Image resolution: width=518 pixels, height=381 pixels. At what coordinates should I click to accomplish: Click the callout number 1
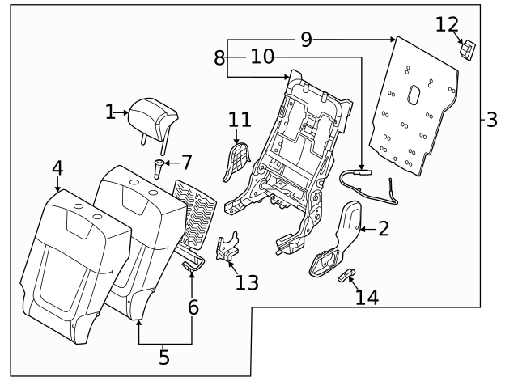tap(111, 112)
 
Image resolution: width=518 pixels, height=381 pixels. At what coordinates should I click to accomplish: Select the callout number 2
tap(383, 229)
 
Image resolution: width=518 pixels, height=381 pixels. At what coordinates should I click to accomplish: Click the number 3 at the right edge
tap(491, 121)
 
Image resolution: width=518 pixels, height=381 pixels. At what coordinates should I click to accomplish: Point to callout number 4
tap(57, 167)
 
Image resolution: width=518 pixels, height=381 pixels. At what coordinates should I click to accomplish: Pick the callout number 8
tap(219, 57)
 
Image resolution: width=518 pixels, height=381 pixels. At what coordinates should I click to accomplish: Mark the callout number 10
tap(262, 57)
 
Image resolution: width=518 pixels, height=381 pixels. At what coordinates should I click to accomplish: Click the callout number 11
tap(239, 120)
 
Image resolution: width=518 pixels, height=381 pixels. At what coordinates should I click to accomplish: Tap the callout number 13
tap(247, 282)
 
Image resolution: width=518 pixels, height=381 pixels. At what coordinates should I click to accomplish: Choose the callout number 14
tap(367, 298)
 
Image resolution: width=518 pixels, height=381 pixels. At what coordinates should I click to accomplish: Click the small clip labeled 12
tap(467, 51)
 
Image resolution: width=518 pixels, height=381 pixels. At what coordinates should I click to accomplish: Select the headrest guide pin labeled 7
tap(157, 169)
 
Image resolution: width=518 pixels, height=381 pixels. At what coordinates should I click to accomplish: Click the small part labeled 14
tap(346, 275)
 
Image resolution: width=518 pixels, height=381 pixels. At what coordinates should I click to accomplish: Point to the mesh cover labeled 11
tap(236, 160)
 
